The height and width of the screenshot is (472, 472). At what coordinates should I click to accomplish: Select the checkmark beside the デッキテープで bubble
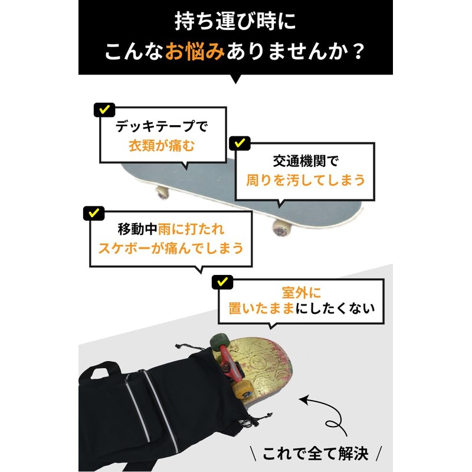(104, 110)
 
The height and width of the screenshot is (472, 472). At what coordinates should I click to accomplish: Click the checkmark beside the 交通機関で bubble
(239, 143)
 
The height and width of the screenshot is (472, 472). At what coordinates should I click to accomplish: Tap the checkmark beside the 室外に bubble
(222, 282)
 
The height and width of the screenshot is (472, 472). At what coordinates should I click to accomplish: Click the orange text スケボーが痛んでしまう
(171, 248)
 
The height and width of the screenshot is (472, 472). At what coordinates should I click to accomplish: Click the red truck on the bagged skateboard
(230, 362)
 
